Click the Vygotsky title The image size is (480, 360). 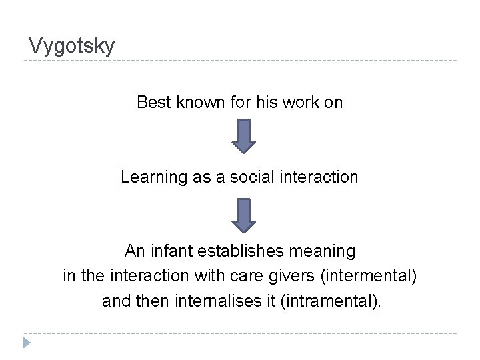[72, 46]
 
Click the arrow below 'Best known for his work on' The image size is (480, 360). [244, 136]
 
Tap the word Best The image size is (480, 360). [153, 103]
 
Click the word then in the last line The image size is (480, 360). [154, 301]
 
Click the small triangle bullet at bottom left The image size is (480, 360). [26, 343]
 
